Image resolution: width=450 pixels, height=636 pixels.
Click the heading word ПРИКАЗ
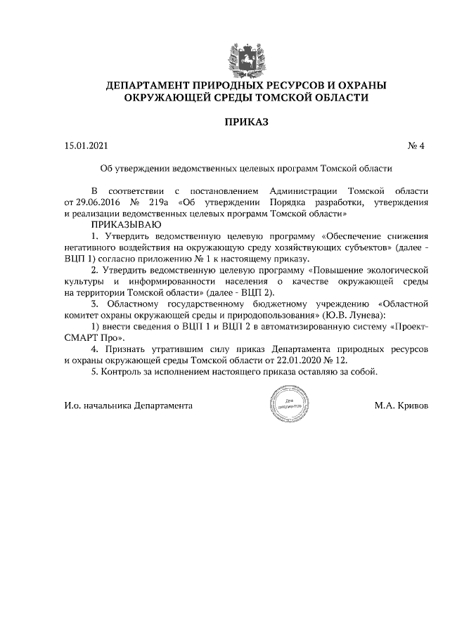click(245, 122)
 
